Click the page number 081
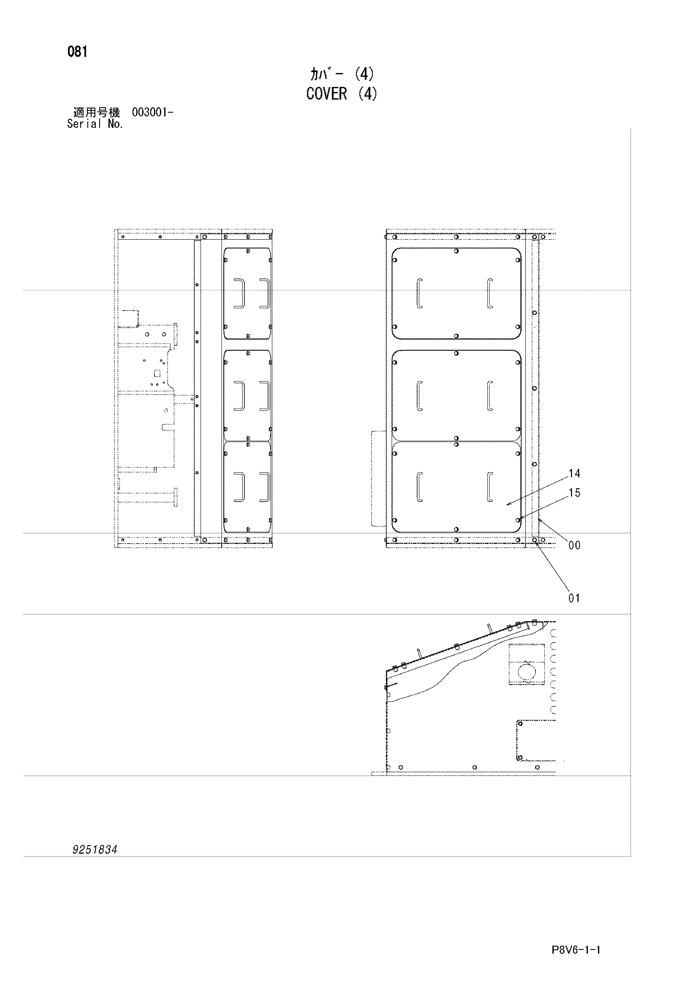tap(77, 52)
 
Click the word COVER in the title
tap(326, 94)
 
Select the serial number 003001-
tap(153, 113)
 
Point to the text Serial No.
tap(95, 124)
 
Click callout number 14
tap(574, 474)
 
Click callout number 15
tap(574, 492)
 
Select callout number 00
tap(574, 546)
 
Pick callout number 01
tap(574, 598)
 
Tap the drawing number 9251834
tap(95, 849)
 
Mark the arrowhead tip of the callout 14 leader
tap(506, 504)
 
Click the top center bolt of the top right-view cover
tap(456, 251)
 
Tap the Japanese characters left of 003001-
tap(96, 113)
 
